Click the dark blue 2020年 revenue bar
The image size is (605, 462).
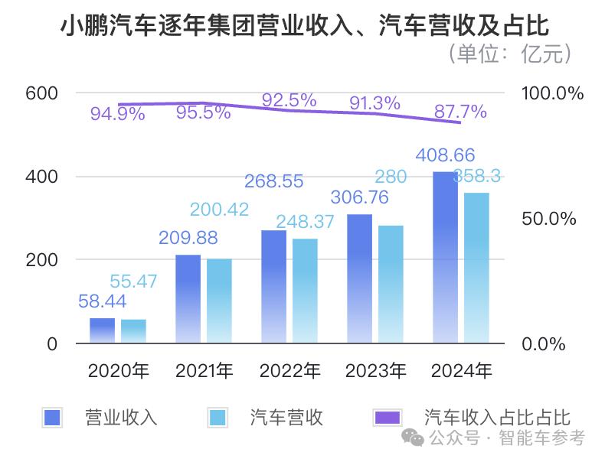(x=102, y=330)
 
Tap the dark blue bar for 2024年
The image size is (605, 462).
(x=445, y=257)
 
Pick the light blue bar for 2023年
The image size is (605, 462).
(x=391, y=284)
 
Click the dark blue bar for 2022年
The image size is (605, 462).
(x=273, y=286)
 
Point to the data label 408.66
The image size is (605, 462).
(x=445, y=155)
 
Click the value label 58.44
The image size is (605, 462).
(x=102, y=301)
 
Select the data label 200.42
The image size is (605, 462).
(x=219, y=209)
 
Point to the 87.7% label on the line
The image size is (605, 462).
(x=460, y=112)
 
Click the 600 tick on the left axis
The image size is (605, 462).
(x=41, y=93)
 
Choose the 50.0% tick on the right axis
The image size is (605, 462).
(x=548, y=219)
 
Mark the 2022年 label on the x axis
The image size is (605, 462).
(x=289, y=372)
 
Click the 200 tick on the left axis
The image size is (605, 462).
(x=41, y=260)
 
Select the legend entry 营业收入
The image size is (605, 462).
(x=121, y=417)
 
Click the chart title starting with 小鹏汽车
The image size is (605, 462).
(x=304, y=27)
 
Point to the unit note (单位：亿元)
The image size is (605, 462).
(x=509, y=54)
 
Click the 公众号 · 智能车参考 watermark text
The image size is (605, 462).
(x=505, y=438)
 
